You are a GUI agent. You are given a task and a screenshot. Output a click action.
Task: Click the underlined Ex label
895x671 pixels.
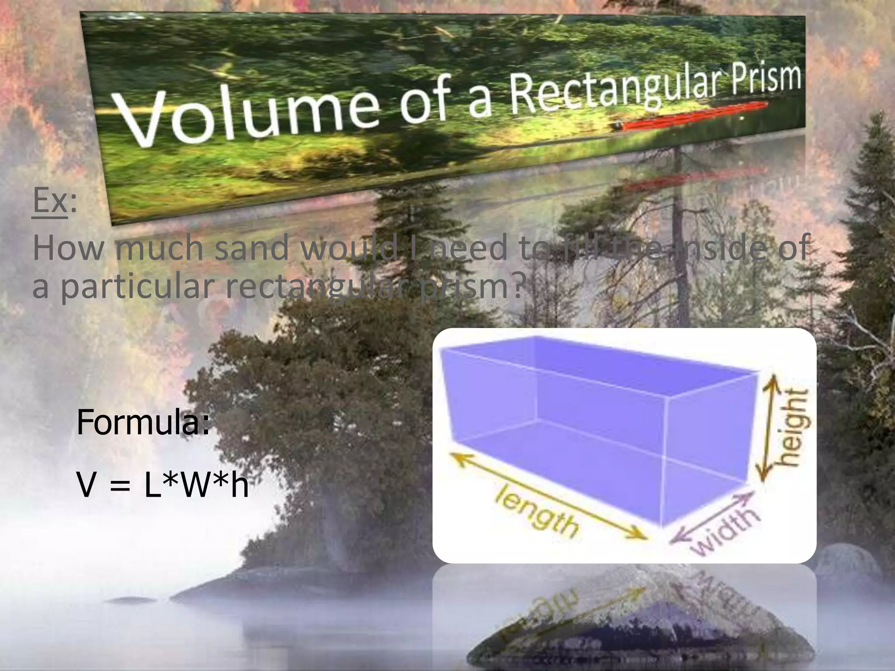50,201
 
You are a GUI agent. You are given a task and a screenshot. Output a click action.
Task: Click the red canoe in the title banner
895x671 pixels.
695,117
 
